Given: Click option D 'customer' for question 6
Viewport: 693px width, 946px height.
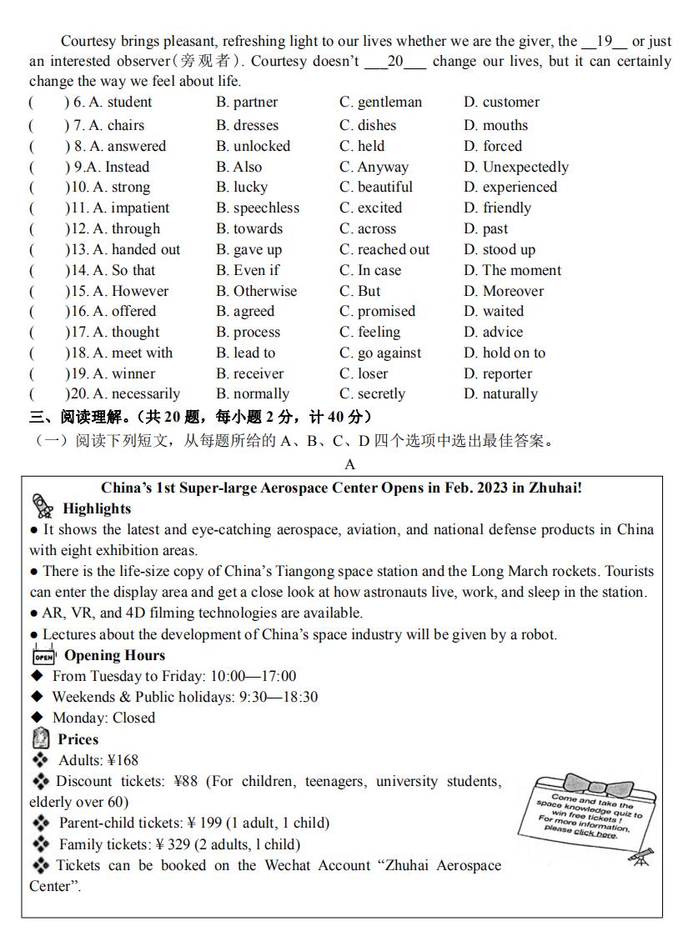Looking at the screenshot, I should point(501,103).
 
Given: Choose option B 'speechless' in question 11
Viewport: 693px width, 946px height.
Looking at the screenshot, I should point(257,208).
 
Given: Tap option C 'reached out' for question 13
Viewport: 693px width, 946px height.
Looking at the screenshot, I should point(384,249).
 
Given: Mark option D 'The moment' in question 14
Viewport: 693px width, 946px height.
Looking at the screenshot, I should point(512,270).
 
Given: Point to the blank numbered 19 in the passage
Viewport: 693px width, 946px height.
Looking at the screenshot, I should point(605,42).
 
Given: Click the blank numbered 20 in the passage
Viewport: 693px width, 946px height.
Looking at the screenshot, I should point(395,62).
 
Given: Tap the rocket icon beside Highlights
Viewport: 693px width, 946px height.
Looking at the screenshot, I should point(42,506).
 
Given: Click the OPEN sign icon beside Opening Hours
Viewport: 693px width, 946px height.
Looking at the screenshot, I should point(43,655).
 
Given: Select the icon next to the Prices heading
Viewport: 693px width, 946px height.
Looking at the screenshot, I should point(41,738).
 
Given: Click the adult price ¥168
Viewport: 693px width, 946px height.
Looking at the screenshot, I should point(123,760).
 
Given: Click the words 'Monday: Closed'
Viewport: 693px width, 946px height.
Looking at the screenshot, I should point(103,718).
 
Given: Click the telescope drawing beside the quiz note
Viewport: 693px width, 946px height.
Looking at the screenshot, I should point(641,857).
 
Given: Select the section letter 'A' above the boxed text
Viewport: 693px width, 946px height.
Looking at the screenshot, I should point(349,464).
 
